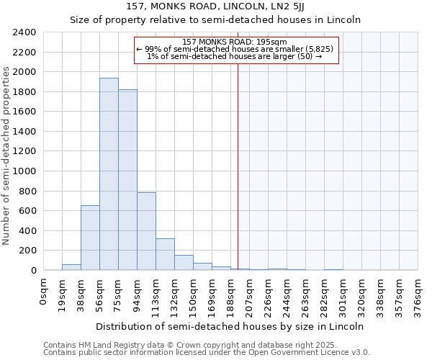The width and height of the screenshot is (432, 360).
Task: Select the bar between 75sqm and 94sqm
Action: [x=127, y=180]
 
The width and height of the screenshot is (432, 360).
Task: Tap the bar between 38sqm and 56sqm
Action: [x=90, y=238]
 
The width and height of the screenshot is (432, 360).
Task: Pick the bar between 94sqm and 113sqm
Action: [x=146, y=231]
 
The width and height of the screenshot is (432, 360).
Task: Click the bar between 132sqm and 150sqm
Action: [x=184, y=263]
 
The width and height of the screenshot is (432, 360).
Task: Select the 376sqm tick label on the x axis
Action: [x=418, y=295]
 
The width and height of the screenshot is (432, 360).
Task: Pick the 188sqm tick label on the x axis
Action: [x=231, y=295]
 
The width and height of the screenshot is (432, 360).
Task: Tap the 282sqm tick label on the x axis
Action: [x=325, y=295]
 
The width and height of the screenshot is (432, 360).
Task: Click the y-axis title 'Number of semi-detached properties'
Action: [x=7, y=156]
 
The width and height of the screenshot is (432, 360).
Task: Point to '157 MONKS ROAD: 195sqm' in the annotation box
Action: [x=235, y=42]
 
